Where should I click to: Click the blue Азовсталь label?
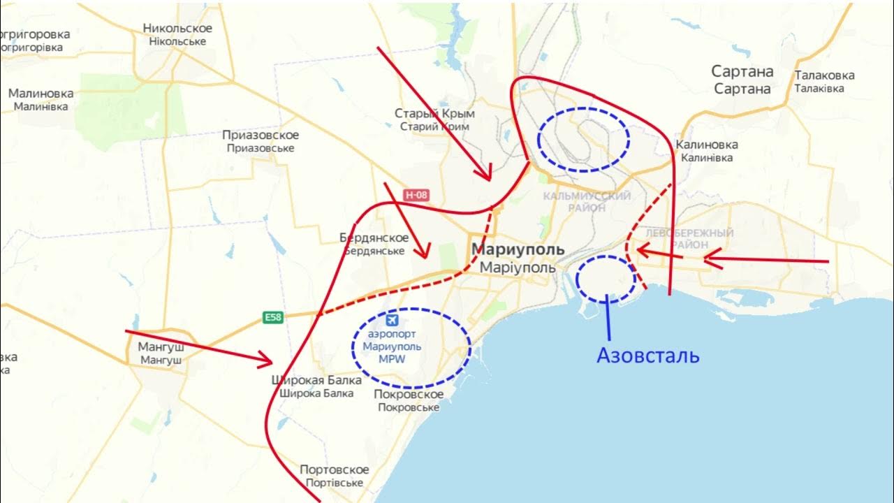(647, 355)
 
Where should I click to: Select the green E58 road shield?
(273, 318)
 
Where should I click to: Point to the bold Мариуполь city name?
(518, 250)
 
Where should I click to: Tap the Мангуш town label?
(161, 346)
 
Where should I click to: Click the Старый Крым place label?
(434, 113)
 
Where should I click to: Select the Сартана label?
(742, 71)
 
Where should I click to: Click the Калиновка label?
(707, 145)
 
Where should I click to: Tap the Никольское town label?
(177, 28)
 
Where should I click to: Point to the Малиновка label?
(41, 93)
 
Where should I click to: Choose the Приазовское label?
(261, 135)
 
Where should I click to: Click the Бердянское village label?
(374, 238)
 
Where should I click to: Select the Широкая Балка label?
(316, 381)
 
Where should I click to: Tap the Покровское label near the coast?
(409, 394)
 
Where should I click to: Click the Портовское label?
(334, 469)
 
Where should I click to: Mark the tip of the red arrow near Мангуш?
(271, 361)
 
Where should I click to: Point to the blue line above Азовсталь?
(608, 318)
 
